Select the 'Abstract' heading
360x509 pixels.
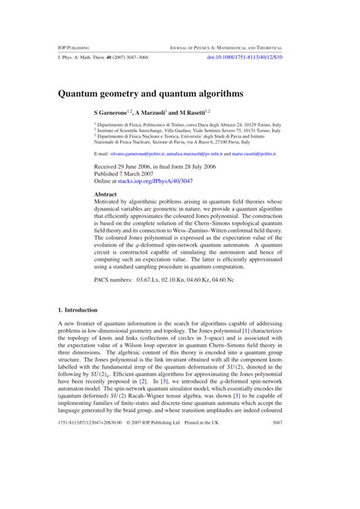(106, 194)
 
